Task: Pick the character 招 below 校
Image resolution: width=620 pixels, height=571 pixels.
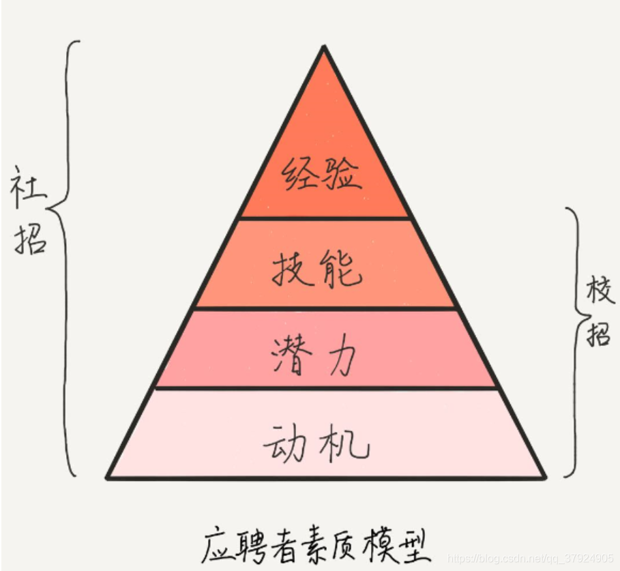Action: pyautogui.click(x=599, y=334)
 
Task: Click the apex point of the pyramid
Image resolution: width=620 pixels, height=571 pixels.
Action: pyautogui.click(x=324, y=47)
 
